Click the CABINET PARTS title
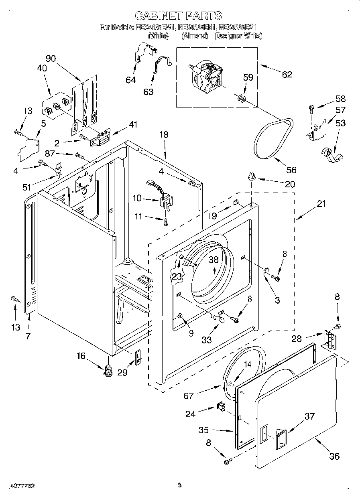tap(178, 16)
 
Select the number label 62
tap(287, 74)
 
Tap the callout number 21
tap(321, 204)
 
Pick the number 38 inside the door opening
tap(213, 260)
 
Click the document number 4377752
tap(18, 485)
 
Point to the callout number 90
tap(51, 58)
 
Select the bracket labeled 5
tap(29, 147)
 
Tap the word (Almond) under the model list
tap(195, 36)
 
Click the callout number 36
tap(334, 456)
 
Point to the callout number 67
tap(189, 396)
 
